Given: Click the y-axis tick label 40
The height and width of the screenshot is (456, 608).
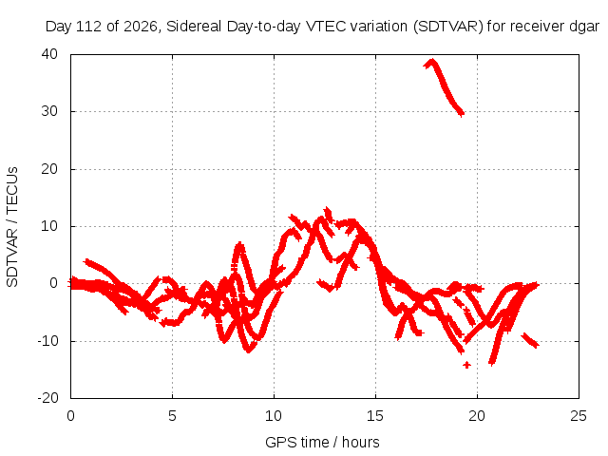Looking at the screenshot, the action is click(49, 54).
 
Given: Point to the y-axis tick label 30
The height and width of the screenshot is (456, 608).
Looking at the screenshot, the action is click(49, 111).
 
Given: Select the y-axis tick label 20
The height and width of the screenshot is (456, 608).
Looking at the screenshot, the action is click(49, 169).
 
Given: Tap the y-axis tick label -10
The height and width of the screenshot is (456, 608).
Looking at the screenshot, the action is click(47, 341).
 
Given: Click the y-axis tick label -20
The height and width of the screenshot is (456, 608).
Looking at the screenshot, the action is click(47, 398).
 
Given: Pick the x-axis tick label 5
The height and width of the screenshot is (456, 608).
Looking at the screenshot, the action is click(172, 416).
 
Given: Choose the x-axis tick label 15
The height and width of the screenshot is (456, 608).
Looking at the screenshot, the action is click(375, 416).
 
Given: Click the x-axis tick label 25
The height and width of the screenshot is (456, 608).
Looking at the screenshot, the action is click(579, 416).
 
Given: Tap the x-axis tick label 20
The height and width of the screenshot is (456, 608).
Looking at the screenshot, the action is click(477, 416).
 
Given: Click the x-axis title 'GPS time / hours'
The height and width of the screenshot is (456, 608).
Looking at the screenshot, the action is click(322, 442).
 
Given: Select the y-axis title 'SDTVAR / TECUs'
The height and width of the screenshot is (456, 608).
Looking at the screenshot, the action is click(12, 227).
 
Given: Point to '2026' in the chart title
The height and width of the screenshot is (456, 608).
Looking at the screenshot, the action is click(140, 27).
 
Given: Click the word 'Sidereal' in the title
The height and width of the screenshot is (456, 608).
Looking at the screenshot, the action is click(194, 27).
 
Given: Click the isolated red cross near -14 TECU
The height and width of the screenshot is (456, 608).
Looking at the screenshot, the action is click(466, 365).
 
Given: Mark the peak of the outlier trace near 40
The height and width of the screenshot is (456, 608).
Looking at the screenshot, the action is click(432, 61).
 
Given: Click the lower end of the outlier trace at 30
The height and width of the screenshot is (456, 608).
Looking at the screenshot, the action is click(461, 114).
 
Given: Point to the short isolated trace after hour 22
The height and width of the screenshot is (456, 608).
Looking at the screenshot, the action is click(530, 340).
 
